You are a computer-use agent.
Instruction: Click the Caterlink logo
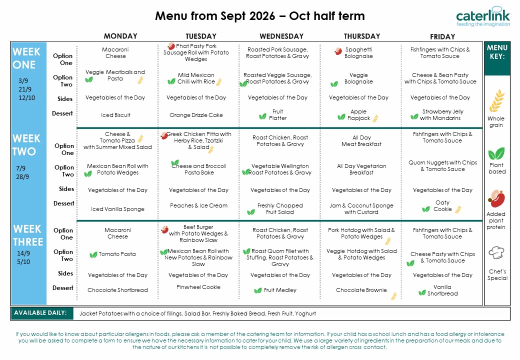[483, 16]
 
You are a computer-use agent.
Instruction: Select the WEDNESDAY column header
[281, 36]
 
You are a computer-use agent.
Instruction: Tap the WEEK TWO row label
[26, 145]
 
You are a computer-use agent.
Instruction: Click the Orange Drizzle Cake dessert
[196, 115]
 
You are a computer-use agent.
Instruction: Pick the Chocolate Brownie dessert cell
[361, 290]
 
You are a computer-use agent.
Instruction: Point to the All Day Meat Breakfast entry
[361, 141]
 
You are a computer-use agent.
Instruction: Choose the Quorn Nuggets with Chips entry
[442, 165]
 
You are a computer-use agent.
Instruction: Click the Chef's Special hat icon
[496, 253]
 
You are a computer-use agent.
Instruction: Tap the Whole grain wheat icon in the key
[497, 100]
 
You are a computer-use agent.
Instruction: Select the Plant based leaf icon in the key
[496, 153]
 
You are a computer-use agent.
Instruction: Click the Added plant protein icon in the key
[496, 199]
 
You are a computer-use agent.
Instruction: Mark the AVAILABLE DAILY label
[40, 312]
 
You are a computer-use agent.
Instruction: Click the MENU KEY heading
[497, 52]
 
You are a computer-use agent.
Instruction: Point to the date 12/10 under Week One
[26, 98]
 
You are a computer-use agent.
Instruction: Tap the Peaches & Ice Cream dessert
[198, 205]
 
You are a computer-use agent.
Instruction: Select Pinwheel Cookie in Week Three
[198, 287]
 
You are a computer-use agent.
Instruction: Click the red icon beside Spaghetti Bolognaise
[338, 51]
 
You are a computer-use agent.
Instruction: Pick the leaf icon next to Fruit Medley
[257, 290]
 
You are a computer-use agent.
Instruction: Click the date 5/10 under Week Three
[23, 262]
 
